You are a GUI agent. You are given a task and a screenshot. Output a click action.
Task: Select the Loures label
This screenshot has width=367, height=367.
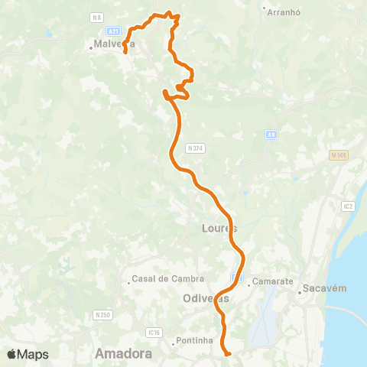click(219, 229)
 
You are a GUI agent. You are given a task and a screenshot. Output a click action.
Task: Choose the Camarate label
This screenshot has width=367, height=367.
click(272, 281)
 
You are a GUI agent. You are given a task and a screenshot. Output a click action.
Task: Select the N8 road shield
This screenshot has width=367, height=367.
click(96, 17)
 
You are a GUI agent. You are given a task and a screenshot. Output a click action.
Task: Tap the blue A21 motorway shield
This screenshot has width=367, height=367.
click(113, 31)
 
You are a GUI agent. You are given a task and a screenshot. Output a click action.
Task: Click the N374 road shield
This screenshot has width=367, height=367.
click(196, 148)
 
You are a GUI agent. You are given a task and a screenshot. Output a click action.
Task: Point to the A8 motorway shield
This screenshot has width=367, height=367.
click(271, 135)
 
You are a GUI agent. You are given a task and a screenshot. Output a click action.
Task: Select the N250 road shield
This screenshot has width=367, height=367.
click(102, 314)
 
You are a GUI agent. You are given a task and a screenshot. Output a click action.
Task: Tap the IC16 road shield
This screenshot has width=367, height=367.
click(155, 332)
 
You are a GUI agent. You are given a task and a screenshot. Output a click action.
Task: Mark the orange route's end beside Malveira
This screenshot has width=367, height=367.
click(125, 53)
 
